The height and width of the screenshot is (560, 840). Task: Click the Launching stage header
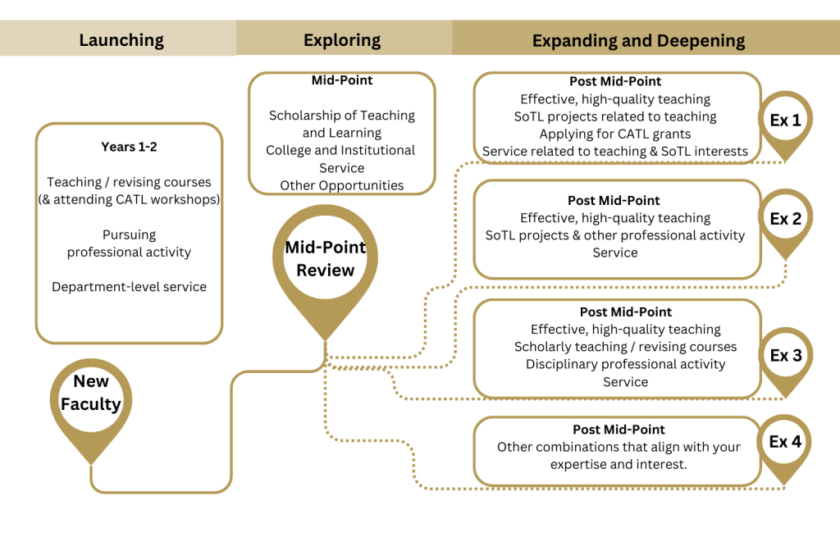click(x=121, y=40)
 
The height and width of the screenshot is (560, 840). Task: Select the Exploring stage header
click(x=342, y=40)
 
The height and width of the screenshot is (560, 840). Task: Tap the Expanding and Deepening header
click(x=638, y=40)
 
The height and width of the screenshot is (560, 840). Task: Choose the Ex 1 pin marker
click(x=785, y=121)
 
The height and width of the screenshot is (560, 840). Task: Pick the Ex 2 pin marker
click(x=785, y=220)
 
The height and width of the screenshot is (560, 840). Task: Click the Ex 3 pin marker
click(x=785, y=356)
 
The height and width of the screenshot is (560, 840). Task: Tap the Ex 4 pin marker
click(x=785, y=443)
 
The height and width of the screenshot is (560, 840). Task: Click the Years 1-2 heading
click(x=129, y=147)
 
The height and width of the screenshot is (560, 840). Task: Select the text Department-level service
click(x=129, y=287)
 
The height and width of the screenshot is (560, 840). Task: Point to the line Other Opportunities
click(x=342, y=185)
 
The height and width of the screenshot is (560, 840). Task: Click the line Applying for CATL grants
click(x=615, y=134)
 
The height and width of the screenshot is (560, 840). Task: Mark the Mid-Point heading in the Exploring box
click(x=342, y=80)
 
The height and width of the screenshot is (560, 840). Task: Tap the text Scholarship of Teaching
click(x=342, y=116)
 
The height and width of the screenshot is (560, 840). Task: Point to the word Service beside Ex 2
click(x=615, y=253)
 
